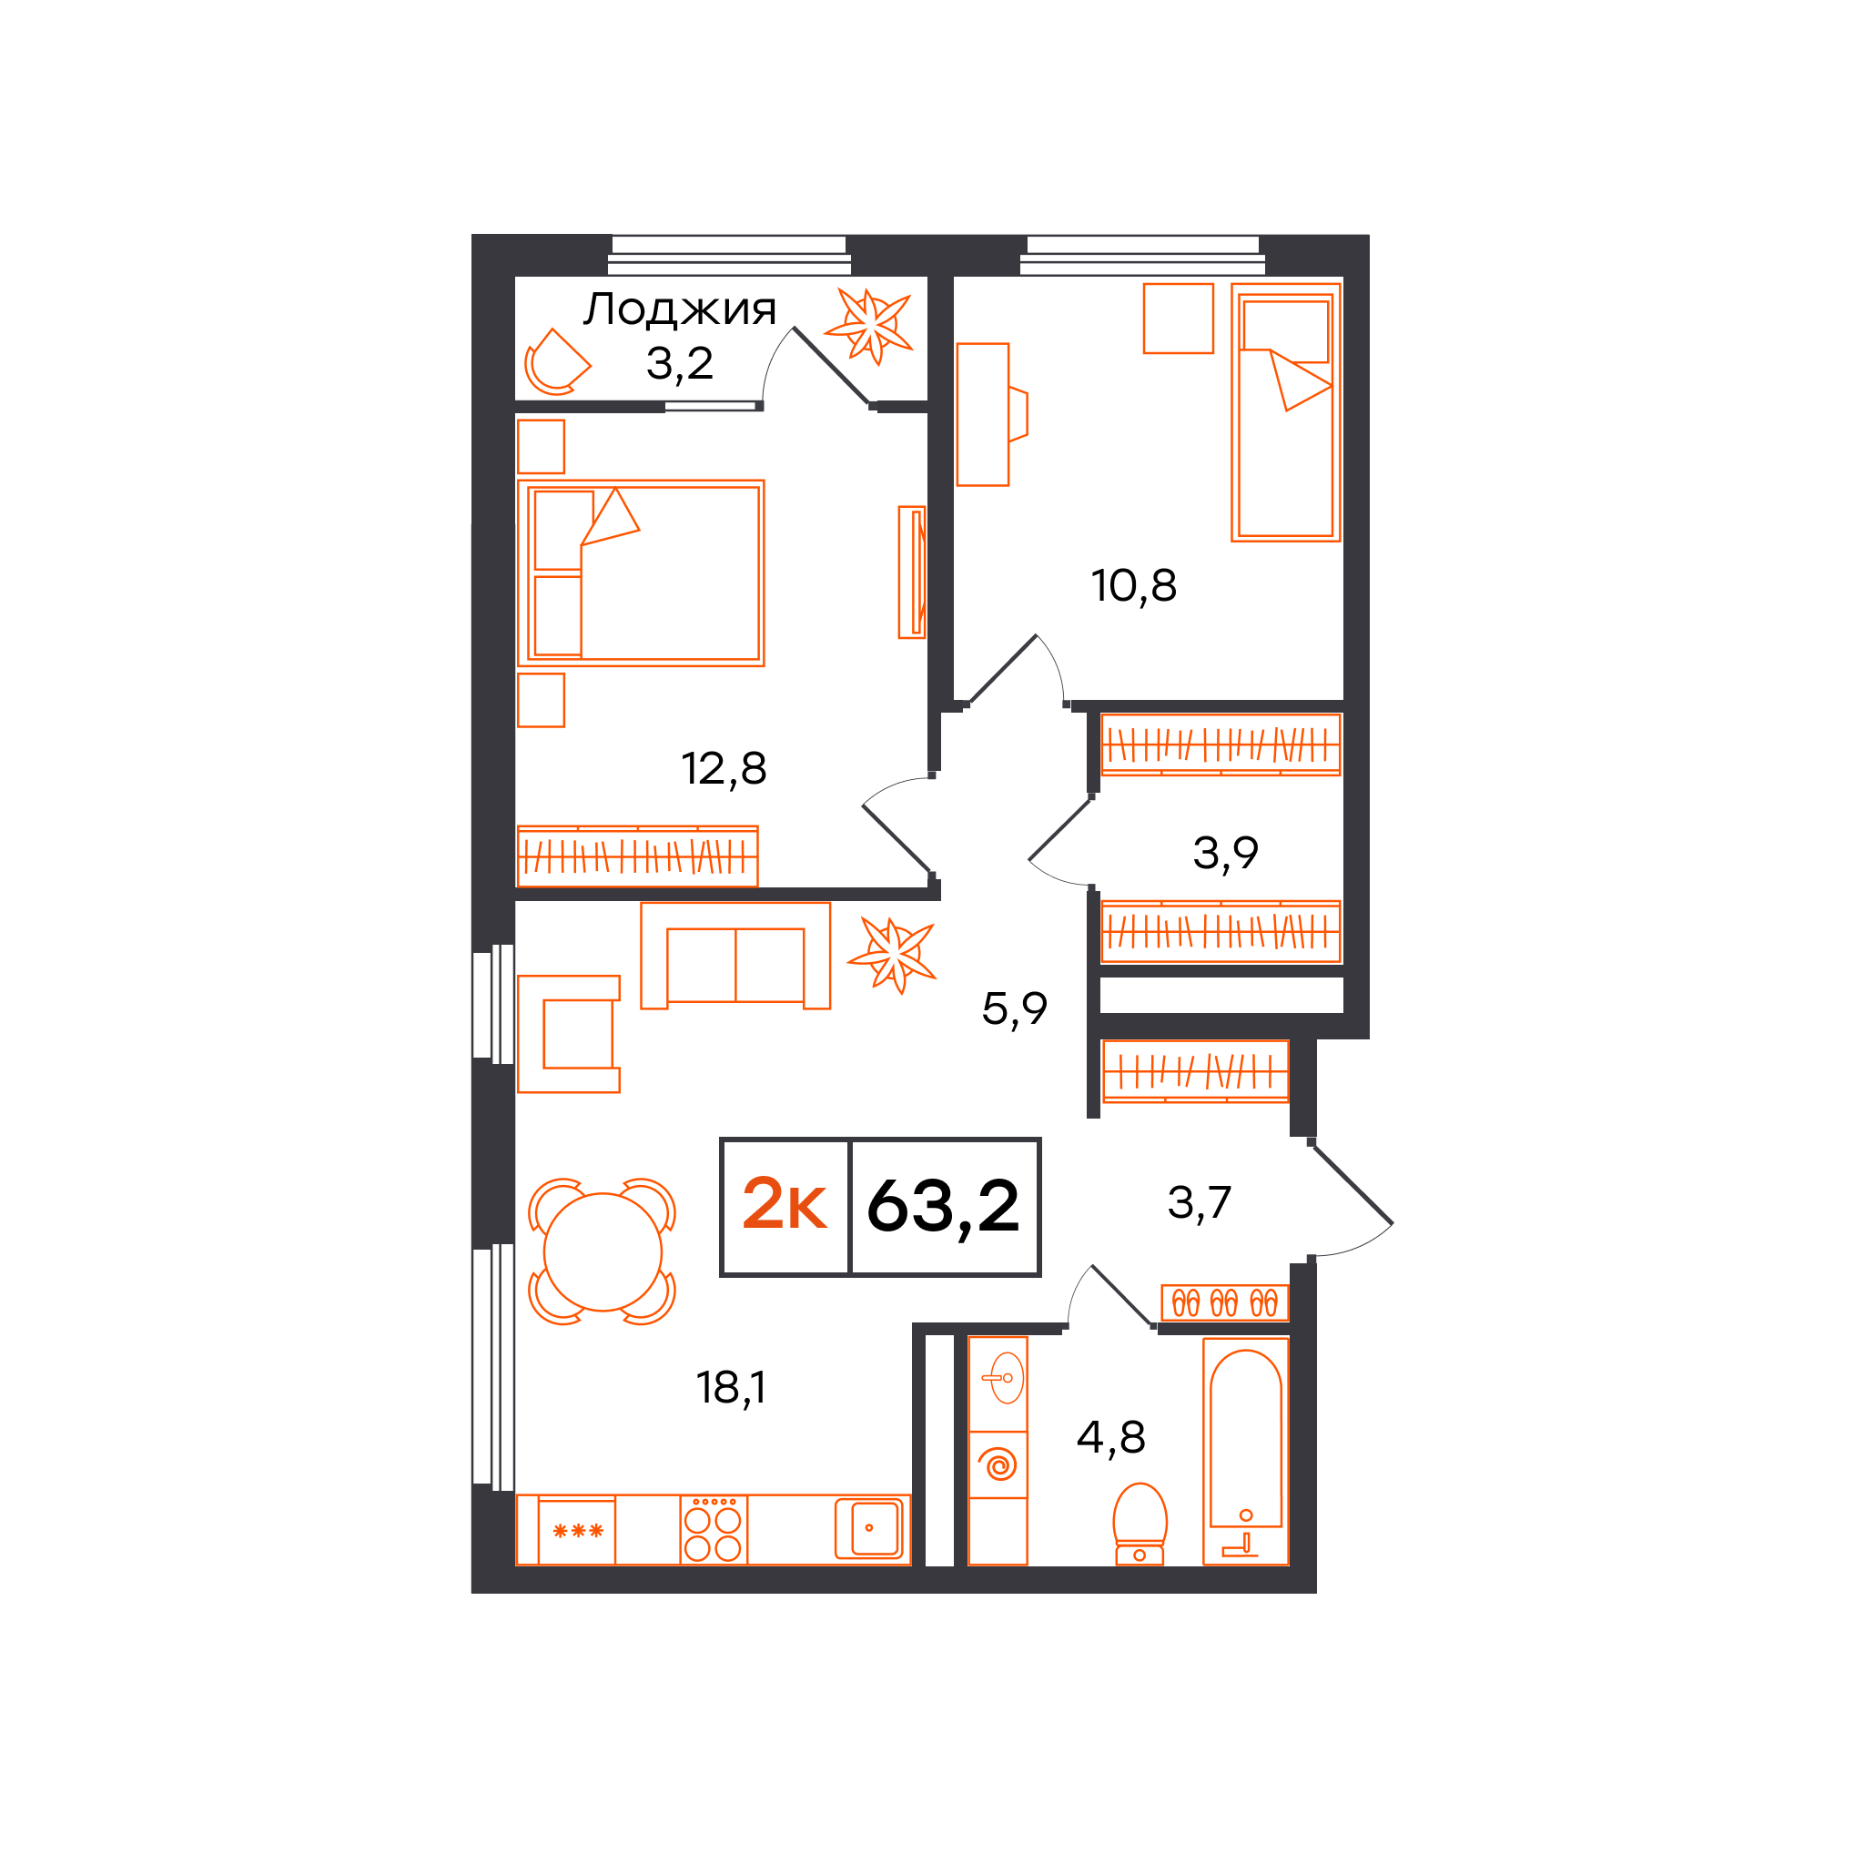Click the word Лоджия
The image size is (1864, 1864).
coord(679,309)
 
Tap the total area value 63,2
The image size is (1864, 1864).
coord(943,1207)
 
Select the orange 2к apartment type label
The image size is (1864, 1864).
coord(784,1204)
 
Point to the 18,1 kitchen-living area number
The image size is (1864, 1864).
coord(732,1388)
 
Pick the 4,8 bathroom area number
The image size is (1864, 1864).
coord(1110,1437)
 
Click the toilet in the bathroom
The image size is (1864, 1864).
coord(1140,1525)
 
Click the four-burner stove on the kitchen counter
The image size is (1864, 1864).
coord(713,1530)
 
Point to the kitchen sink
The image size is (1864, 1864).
coord(869,1528)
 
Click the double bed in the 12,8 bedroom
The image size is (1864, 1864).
coord(641,573)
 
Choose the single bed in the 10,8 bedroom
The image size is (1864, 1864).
coord(1286,412)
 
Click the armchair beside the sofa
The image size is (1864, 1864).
coord(568,1033)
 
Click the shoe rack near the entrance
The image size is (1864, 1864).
coord(1224,1303)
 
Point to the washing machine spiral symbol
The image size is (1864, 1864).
coord(998,1465)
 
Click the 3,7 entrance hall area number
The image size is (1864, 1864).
coord(1200,1203)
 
